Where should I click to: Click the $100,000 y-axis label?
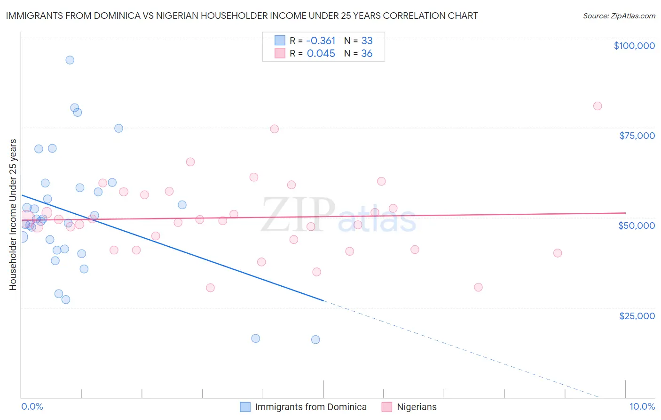[x=634, y=46]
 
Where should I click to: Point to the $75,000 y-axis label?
[x=637, y=136]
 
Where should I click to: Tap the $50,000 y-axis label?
[x=637, y=226]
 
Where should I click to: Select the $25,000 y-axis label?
[x=637, y=315]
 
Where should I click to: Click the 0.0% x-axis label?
[x=32, y=407]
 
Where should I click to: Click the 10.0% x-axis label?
[x=642, y=407]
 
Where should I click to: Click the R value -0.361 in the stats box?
[x=321, y=40]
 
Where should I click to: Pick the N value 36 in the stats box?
[x=367, y=54]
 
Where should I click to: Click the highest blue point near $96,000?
[x=70, y=60]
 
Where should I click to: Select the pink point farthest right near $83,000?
[x=598, y=106]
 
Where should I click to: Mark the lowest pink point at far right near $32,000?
[x=478, y=287]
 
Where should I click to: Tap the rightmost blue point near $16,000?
[x=315, y=339]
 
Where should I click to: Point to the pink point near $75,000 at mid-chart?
[x=275, y=129]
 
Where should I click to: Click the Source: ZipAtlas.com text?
[x=619, y=16]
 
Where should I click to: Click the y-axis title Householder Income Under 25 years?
[x=13, y=214]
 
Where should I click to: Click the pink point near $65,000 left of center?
[x=190, y=162]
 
